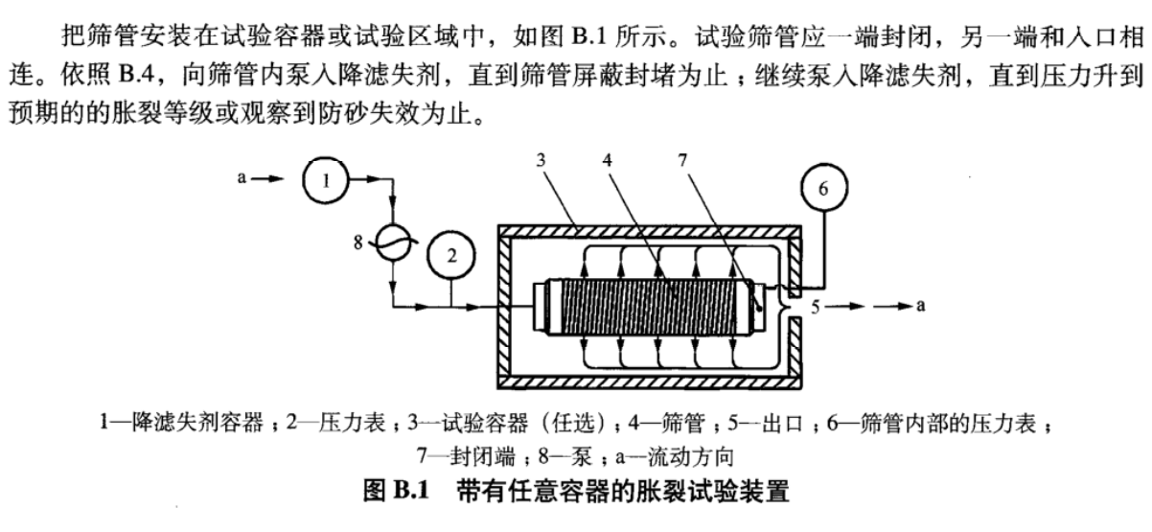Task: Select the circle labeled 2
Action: [x=451, y=254]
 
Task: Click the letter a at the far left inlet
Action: [x=242, y=179]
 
